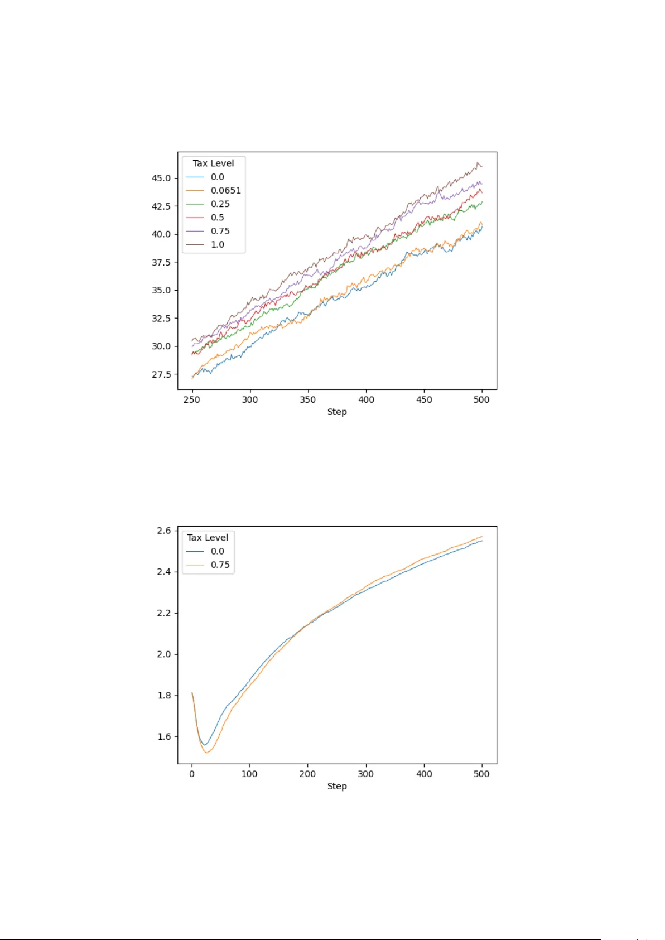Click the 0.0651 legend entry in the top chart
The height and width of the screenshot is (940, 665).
[x=225, y=190]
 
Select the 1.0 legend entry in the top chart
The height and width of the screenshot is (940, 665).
[x=217, y=244]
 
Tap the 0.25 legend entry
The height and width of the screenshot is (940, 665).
[x=220, y=204]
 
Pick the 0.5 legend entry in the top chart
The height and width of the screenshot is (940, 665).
[x=217, y=218]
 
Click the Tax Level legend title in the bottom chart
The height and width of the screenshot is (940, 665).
[x=208, y=537]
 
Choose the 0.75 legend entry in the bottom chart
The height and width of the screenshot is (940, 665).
[x=220, y=565]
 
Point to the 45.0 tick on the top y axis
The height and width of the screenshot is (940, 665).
[x=161, y=178]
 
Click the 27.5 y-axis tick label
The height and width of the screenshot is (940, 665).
[x=161, y=374]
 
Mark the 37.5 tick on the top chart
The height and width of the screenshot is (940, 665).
[x=161, y=262]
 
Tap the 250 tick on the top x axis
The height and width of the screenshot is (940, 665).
[x=192, y=399]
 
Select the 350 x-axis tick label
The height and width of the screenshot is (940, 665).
[x=307, y=399]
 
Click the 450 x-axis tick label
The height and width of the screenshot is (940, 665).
[x=424, y=399]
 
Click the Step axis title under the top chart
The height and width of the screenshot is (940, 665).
[x=337, y=412]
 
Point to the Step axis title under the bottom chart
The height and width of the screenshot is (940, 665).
[x=337, y=786]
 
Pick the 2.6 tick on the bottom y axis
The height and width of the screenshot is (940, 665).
[x=164, y=531]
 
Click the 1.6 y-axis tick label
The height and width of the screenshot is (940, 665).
[x=164, y=736]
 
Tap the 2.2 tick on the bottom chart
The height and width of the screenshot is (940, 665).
[x=164, y=613]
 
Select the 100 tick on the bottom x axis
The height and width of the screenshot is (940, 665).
[x=249, y=774]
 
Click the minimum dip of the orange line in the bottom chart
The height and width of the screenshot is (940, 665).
[x=206, y=753]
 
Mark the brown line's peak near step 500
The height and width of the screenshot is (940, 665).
[x=478, y=162]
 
